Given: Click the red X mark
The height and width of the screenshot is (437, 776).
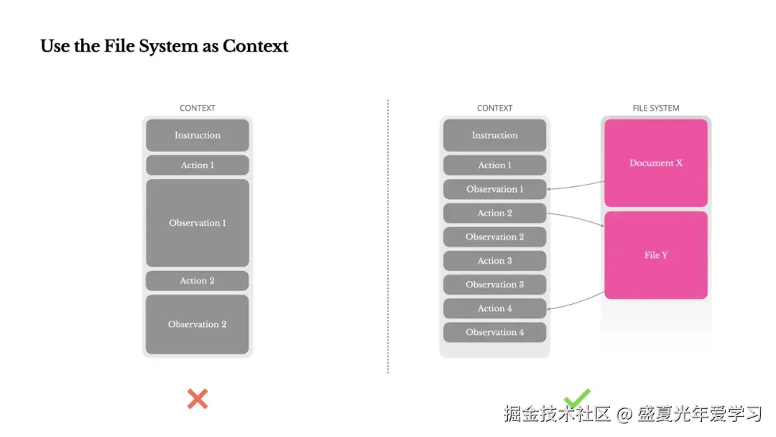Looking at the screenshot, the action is (x=198, y=399).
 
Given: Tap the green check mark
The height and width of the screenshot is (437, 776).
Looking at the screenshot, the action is (x=577, y=398).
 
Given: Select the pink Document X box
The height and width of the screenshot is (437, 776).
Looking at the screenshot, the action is (x=656, y=163).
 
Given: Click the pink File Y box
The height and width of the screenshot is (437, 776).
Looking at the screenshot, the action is (x=656, y=255).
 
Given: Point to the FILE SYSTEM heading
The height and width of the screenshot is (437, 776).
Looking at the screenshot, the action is (x=656, y=108).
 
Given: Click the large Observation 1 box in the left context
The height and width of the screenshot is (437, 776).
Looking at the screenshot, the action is (x=198, y=223).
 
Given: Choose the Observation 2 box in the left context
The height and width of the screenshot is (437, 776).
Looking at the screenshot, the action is (x=197, y=324).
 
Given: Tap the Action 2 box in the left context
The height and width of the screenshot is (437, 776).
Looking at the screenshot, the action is (x=197, y=280).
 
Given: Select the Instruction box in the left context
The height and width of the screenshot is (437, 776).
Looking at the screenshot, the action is (x=198, y=135).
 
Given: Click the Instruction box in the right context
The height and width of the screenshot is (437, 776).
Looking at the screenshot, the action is (x=495, y=135).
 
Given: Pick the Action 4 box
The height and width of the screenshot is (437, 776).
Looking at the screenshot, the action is (x=495, y=308).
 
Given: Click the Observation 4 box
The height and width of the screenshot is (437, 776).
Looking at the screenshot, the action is (x=495, y=332).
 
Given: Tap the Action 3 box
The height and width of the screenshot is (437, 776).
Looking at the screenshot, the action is (x=495, y=261).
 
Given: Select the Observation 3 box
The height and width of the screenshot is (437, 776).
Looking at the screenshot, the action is (x=495, y=285).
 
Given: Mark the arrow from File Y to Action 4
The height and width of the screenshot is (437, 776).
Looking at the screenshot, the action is (x=576, y=303).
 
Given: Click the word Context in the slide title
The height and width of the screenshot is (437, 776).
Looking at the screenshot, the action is (x=255, y=46).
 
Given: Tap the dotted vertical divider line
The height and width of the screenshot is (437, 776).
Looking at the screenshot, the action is (x=388, y=236).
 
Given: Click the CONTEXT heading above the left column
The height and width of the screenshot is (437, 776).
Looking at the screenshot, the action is (x=198, y=108).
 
